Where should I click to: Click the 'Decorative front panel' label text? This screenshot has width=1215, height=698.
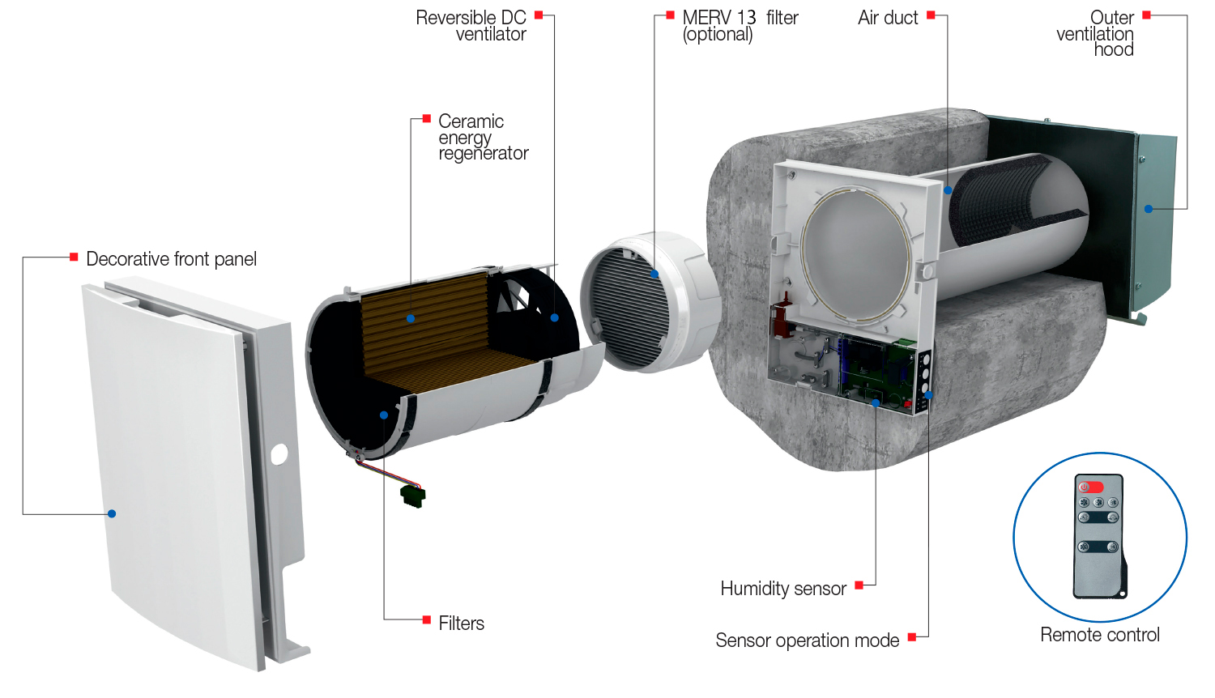pos(171,259)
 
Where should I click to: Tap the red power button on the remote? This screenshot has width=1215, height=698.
pos(1090,487)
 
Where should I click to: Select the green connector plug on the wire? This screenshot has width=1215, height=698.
pos(413,495)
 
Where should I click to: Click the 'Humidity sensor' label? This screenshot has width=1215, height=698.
pos(782,589)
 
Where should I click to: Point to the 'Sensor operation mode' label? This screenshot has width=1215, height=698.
pos(807,641)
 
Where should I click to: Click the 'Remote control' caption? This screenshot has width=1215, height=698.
pos(1099,635)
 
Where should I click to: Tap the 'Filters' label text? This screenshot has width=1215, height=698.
pos(461,624)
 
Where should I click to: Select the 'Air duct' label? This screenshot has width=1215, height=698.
pos(888,18)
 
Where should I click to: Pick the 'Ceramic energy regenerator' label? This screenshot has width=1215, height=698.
pos(482,137)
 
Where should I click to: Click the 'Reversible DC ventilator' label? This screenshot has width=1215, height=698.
pos(472,26)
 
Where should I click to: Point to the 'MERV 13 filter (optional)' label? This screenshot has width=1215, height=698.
pos(739,26)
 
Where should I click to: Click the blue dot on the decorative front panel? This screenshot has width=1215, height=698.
pos(112,513)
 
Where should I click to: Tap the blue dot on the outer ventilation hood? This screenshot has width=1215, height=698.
pos(1148,209)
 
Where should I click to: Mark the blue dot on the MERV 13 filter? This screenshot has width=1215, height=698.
pos(654,274)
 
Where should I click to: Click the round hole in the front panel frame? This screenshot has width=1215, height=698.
pos(279,454)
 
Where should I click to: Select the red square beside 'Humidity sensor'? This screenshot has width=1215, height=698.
pos(859,585)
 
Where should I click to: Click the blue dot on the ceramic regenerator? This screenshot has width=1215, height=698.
pos(411,318)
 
